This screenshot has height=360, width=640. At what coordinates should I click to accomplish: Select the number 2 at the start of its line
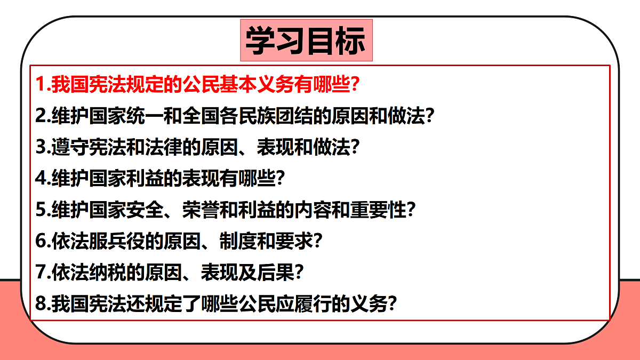[x=41, y=115]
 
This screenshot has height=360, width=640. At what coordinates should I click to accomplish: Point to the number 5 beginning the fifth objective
[x=41, y=210]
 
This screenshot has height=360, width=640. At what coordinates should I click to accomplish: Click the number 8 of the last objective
[x=41, y=303]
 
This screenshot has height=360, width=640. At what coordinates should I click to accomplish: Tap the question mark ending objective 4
[x=278, y=178]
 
